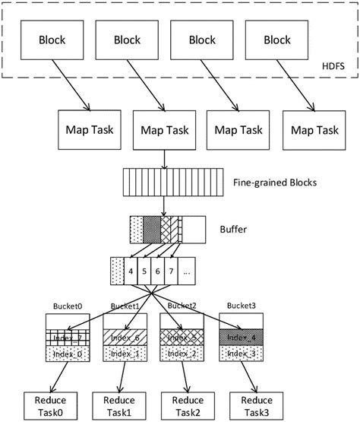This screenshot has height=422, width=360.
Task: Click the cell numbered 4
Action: tap(133, 271)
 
